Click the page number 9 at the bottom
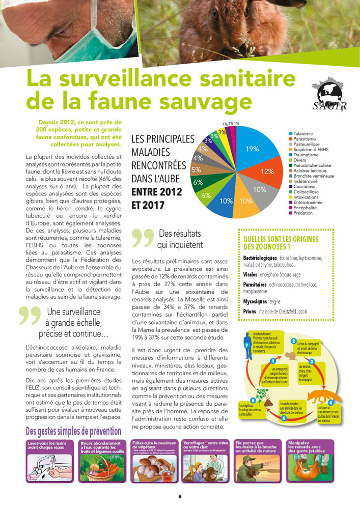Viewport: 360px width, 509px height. (x=180, y=496)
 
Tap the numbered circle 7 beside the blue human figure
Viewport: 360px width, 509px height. (x=246, y=346)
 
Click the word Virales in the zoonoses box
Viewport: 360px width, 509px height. (x=250, y=274)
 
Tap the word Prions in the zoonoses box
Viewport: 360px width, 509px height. (x=250, y=311)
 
